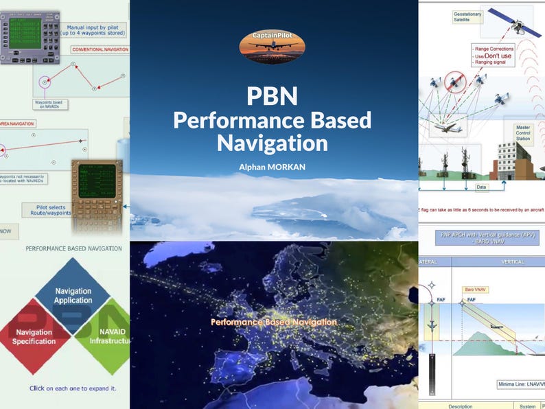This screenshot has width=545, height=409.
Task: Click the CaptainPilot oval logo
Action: pos(272,47)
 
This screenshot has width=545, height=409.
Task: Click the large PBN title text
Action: pos(272,95)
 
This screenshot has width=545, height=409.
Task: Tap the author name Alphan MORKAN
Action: pos(272,166)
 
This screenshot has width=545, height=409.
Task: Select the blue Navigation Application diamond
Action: pos(73,296)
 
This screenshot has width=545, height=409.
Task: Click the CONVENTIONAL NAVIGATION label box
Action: pos(100,49)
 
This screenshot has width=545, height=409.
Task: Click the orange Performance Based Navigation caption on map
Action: pos(273,322)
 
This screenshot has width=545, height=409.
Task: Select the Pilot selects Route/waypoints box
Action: pos(45,210)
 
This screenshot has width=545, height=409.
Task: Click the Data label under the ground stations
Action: pos(481,186)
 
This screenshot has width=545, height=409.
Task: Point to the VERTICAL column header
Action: pos(513,261)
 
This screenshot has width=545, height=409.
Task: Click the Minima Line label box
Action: pos(518,384)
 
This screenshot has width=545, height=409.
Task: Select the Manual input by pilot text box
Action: pos(95,27)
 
